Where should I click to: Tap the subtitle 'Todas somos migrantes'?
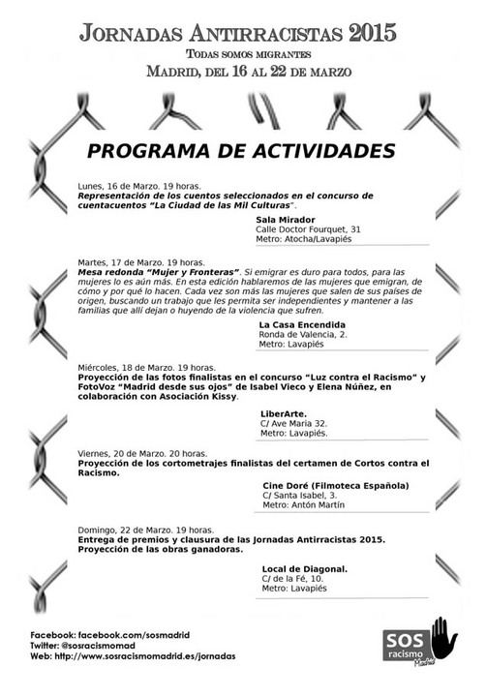(x=242, y=54)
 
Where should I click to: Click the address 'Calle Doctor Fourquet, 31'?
(x=308, y=229)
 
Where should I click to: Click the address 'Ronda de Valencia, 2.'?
(x=302, y=334)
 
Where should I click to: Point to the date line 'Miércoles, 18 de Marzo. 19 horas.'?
(x=147, y=368)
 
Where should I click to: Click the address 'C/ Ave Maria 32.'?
(x=295, y=423)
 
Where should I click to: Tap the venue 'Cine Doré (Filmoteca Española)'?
(x=335, y=485)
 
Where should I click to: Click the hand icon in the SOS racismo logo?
(x=444, y=634)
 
